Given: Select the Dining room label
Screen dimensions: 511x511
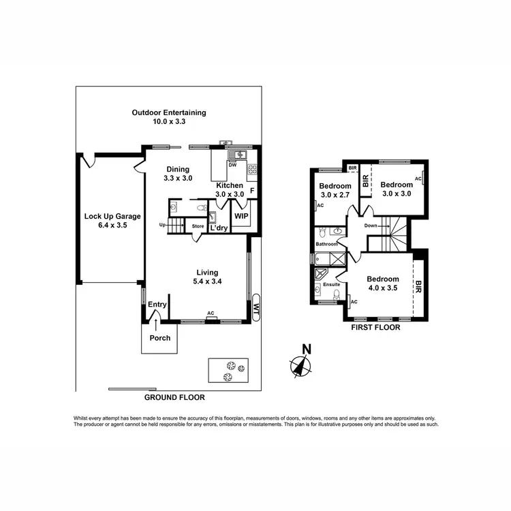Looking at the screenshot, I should [x=177, y=174].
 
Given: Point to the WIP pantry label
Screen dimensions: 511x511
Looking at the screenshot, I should [x=241, y=215].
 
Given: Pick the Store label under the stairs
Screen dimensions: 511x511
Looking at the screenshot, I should [x=198, y=226].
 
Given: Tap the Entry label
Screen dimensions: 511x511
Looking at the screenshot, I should [x=157, y=305].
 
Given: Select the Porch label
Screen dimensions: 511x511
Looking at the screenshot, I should [x=160, y=338].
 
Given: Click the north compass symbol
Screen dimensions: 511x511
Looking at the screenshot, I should [x=299, y=364].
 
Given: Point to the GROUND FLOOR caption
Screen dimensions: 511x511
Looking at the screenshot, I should [x=174, y=397].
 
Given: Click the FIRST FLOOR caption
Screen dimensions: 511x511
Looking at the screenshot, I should [x=375, y=327].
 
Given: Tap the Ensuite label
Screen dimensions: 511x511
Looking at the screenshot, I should [x=331, y=284].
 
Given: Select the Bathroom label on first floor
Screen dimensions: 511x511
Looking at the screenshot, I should [x=326, y=244].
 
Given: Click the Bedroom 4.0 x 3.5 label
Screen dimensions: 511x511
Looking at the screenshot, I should [x=382, y=283].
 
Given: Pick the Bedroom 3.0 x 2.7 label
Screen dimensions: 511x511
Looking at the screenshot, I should [x=335, y=190].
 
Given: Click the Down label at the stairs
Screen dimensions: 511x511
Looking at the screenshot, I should [x=371, y=226].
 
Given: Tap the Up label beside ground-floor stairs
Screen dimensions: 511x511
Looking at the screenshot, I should [x=162, y=226].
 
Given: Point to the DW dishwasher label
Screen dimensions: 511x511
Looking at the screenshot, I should [x=232, y=165].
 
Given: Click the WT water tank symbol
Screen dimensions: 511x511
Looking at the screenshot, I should [x=256, y=307].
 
